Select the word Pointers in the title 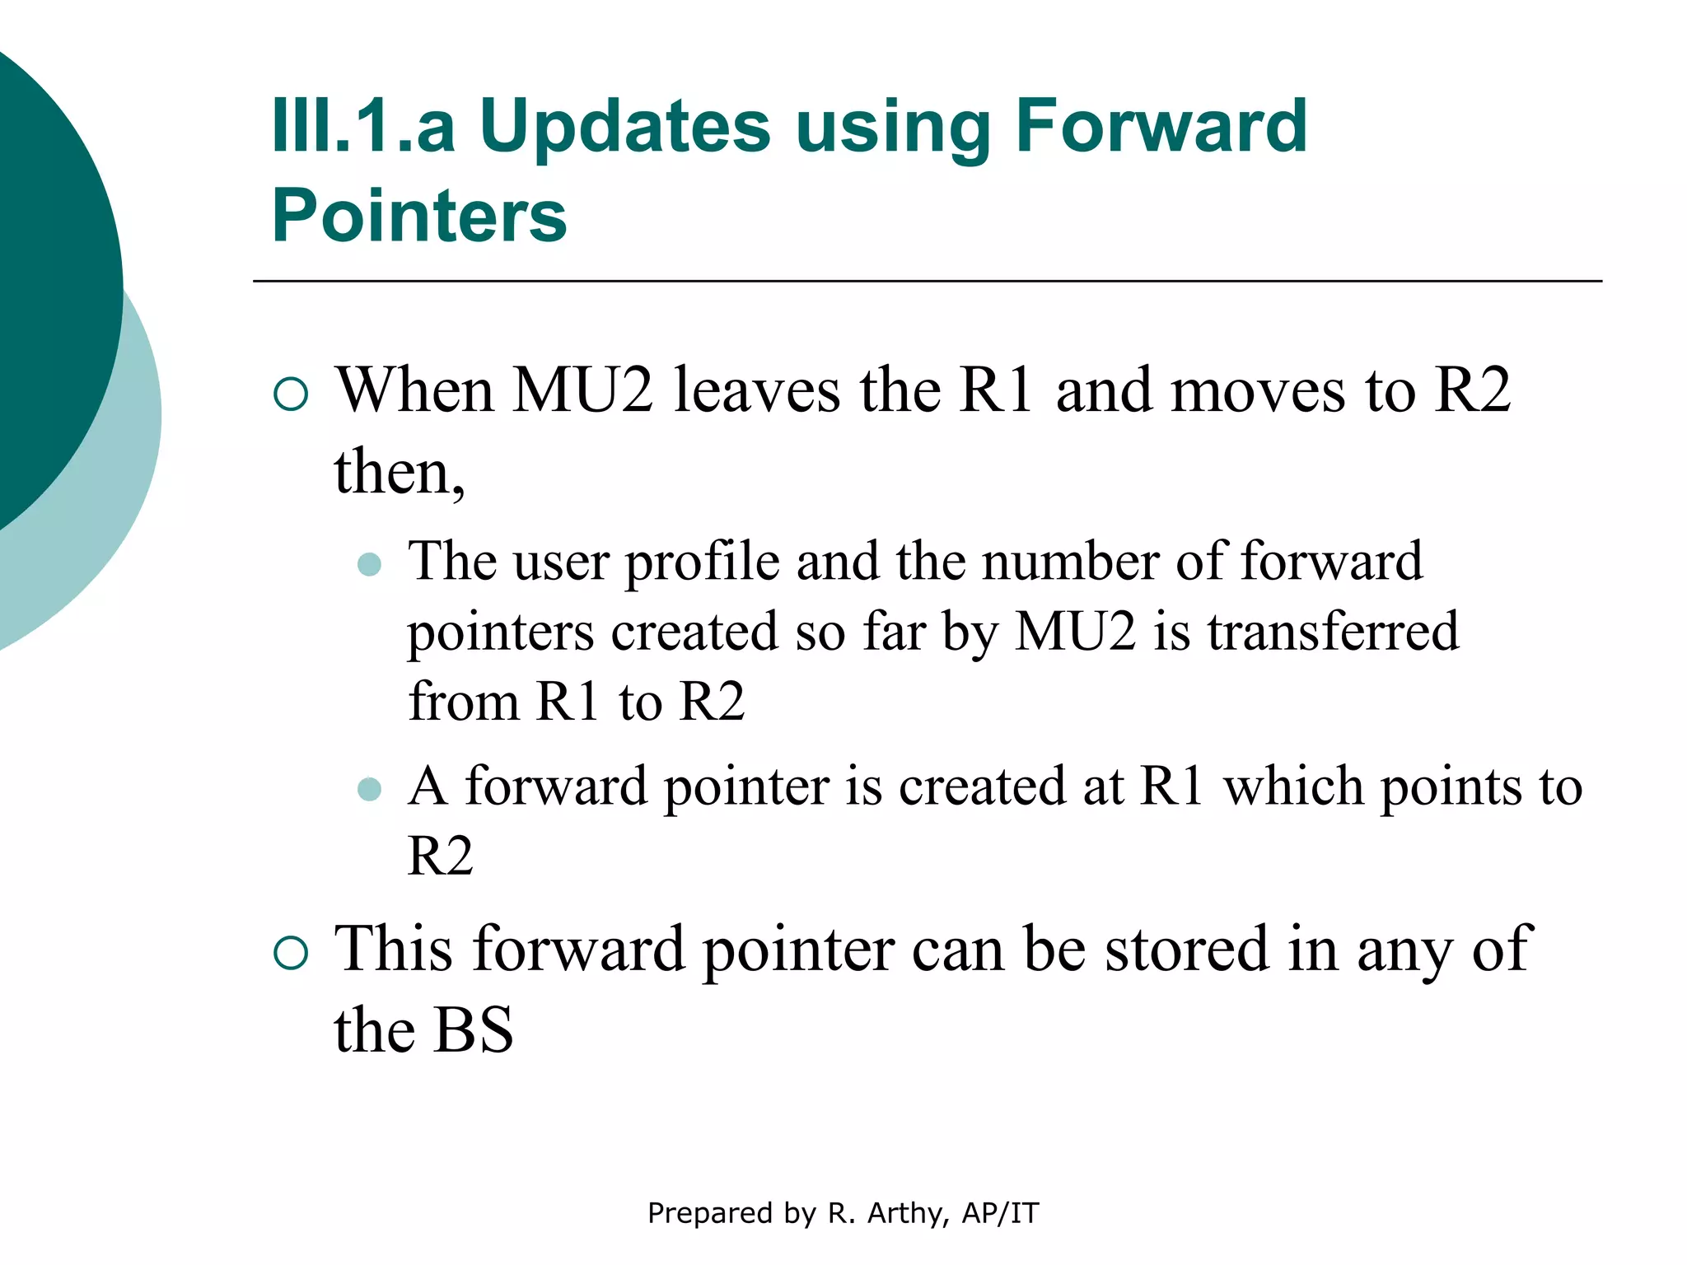click(x=419, y=216)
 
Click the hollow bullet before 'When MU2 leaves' click(x=291, y=394)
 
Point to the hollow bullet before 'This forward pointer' click(x=291, y=953)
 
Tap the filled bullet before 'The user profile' click(x=370, y=564)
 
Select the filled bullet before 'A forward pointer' click(x=370, y=789)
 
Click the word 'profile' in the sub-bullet click(x=702, y=562)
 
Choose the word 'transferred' click(x=1333, y=632)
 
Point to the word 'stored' click(x=1186, y=950)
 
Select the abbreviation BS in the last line click(x=473, y=1030)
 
